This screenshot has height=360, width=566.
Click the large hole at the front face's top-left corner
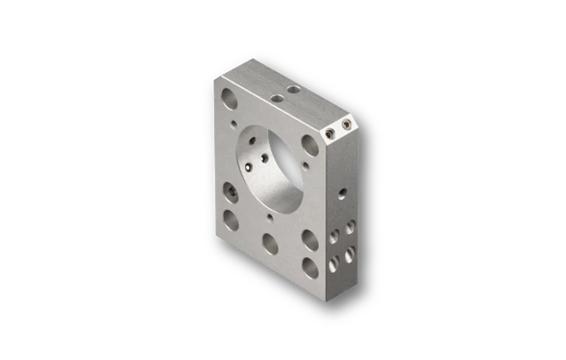click(228, 98)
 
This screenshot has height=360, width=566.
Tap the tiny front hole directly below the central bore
click(269, 217)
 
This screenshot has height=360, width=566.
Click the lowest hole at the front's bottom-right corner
click(310, 267)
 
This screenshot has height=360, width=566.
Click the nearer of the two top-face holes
click(278, 99)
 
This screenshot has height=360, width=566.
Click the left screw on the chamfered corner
click(329, 133)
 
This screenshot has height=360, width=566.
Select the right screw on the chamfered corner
click(347, 124)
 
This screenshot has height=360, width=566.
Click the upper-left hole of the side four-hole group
click(334, 236)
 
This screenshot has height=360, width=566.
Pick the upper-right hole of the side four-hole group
click(351, 226)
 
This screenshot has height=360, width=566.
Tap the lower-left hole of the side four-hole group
click(334, 262)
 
